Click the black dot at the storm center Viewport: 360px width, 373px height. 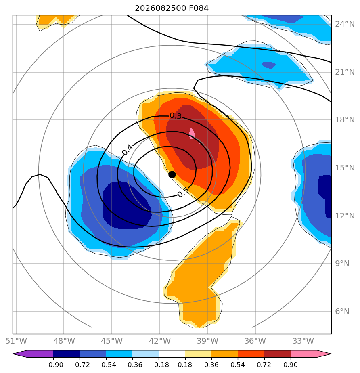pos(172,175)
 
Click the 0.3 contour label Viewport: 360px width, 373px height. pos(176,116)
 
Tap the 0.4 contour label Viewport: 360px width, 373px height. pos(128,150)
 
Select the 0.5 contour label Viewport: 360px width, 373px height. pos(183,192)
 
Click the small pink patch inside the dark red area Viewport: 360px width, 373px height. pos(192,133)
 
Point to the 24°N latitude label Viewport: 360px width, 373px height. pos(345,24)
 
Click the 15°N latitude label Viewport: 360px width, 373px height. pos(345,168)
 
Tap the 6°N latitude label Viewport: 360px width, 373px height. pos(342,311)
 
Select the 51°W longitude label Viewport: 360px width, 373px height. pos(16,341)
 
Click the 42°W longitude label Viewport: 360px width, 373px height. pos(159,341)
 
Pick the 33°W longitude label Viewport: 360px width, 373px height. pos(303,341)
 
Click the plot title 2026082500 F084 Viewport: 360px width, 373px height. pos(172,8)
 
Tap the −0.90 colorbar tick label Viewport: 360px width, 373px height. pos(54,365)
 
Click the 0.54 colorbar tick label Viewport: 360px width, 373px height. pos(238,365)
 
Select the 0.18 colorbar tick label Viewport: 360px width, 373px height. pos(185,365)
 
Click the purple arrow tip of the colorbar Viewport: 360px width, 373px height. pos(13,354)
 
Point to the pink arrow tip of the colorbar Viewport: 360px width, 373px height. pos(331,354)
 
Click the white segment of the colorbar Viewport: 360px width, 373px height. pos(172,354)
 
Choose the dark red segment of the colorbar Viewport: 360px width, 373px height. pos(278,354)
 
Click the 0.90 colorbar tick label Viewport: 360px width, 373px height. pos(291,365)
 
